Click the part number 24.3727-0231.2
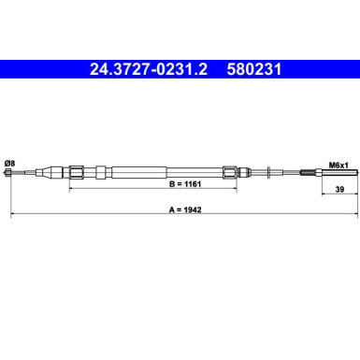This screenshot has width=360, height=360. click(x=149, y=69)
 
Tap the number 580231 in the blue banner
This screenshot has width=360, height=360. click(x=254, y=69)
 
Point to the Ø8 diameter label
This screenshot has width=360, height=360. click(x=10, y=163)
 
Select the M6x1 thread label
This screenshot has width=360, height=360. click(x=338, y=166)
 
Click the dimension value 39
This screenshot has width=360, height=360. click(x=339, y=189)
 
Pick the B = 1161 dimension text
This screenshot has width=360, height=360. click(x=185, y=184)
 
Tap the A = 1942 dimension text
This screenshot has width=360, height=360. click(x=185, y=209)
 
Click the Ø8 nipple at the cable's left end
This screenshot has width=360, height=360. click(x=8, y=172)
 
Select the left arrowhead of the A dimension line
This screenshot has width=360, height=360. click(x=12, y=214)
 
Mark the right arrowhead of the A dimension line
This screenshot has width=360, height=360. click(x=356, y=214)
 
